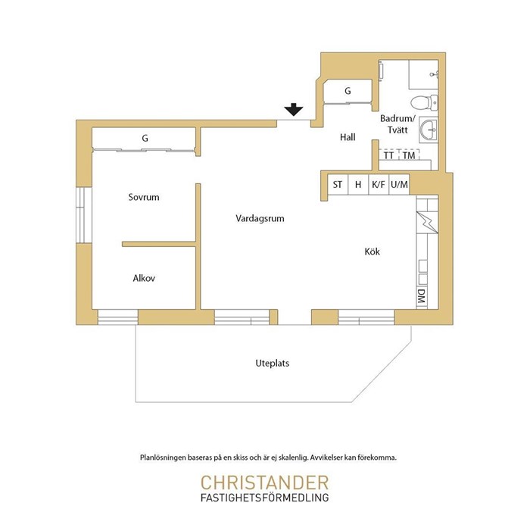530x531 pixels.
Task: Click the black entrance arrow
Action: click(x=294, y=109)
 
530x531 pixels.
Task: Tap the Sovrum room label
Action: click(x=144, y=197)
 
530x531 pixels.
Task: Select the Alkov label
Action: click(x=144, y=278)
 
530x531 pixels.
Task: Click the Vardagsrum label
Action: click(x=260, y=218)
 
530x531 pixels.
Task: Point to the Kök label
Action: click(x=372, y=251)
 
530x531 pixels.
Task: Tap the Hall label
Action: click(x=348, y=137)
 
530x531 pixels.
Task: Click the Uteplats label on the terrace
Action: click(x=273, y=364)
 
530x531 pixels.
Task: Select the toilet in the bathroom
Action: click(x=425, y=102)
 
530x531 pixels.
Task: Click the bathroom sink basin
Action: click(x=429, y=130)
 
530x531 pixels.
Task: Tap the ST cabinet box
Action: click(x=338, y=185)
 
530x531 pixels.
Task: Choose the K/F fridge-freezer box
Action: click(x=379, y=185)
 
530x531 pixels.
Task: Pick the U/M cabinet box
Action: click(x=399, y=185)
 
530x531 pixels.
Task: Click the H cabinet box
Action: click(x=358, y=185)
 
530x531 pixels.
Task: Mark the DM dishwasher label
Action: click(x=422, y=296)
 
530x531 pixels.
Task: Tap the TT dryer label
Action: click(x=388, y=155)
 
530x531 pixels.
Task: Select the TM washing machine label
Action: click(x=409, y=155)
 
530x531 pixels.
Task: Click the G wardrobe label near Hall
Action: click(x=348, y=91)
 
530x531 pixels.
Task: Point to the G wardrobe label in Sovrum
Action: click(x=145, y=138)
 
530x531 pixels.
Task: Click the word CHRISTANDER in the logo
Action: click(x=265, y=483)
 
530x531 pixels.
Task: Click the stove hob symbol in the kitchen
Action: click(x=427, y=222)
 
